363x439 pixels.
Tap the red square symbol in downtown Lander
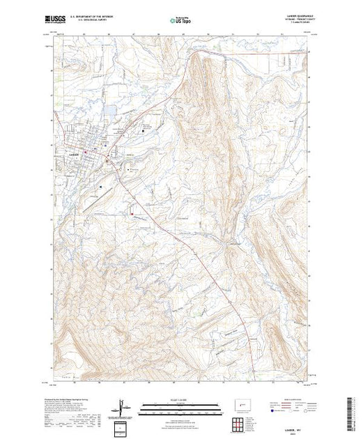[x=86, y=150]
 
